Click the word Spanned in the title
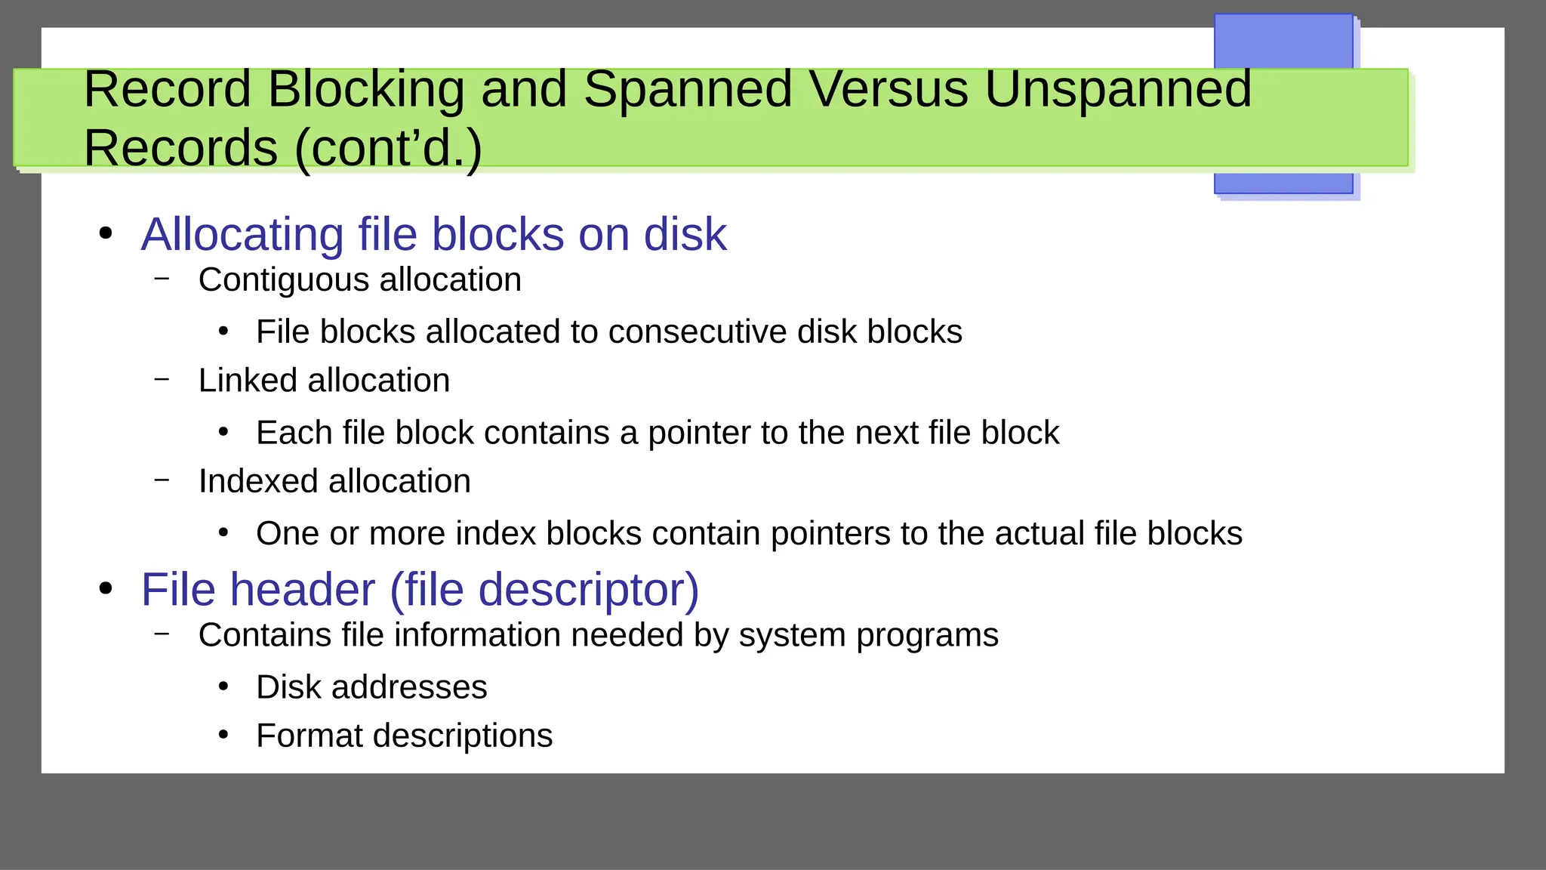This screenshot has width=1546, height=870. [x=687, y=89]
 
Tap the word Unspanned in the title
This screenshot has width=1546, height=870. [x=1117, y=89]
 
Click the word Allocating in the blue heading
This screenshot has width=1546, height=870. [x=242, y=235]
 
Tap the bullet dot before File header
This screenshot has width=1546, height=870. [x=106, y=588]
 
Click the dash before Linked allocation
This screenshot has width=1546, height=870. [x=162, y=378]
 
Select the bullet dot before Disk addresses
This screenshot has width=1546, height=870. [x=223, y=686]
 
